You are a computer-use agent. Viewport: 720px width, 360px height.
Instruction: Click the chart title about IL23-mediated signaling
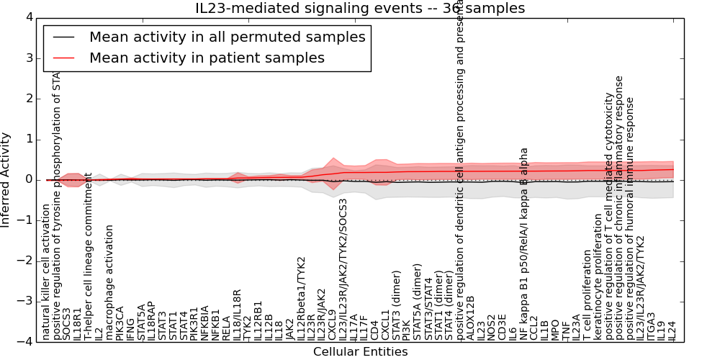(360, 9)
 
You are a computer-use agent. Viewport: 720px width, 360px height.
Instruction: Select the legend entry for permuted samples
(227, 37)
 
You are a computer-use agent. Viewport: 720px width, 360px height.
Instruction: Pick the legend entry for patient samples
(207, 58)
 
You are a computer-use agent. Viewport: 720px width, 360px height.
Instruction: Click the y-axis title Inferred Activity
(6, 179)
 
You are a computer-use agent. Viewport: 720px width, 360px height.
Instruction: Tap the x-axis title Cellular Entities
(360, 352)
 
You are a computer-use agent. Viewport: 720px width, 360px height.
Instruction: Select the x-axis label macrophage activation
(109, 282)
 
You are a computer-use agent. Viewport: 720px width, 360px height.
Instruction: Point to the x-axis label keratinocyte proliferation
(598, 276)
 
